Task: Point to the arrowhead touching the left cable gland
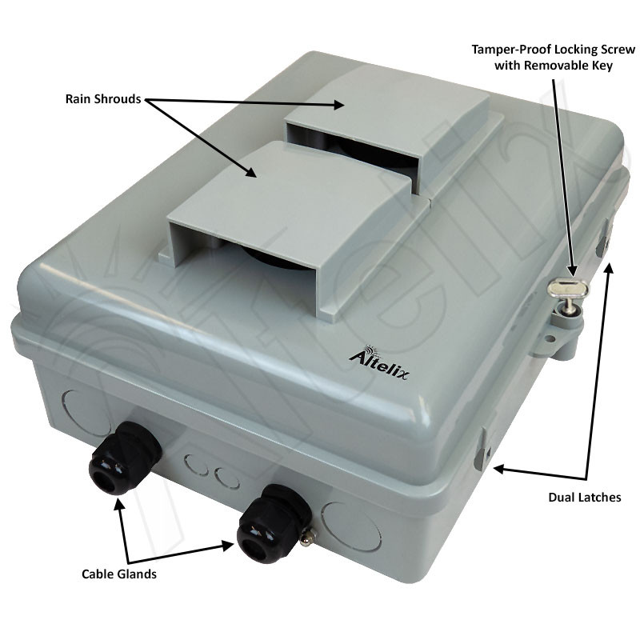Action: click(120, 503)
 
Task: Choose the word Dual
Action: click(561, 497)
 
